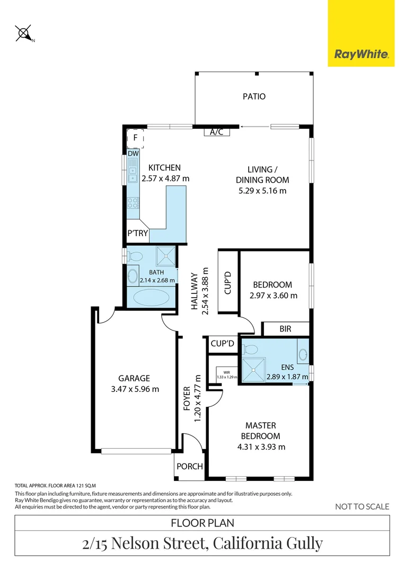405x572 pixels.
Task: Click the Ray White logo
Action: pos(361,53)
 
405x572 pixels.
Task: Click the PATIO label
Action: pos(254,96)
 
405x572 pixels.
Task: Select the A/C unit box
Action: pos(216,132)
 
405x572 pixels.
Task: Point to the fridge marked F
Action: pos(135,138)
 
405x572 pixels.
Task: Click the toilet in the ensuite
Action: pos(249,349)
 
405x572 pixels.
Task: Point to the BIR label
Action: pos(285,329)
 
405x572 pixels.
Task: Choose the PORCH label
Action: pos(189,466)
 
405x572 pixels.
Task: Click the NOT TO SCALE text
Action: pos(362,507)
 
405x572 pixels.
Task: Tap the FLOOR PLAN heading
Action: pos(202,523)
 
